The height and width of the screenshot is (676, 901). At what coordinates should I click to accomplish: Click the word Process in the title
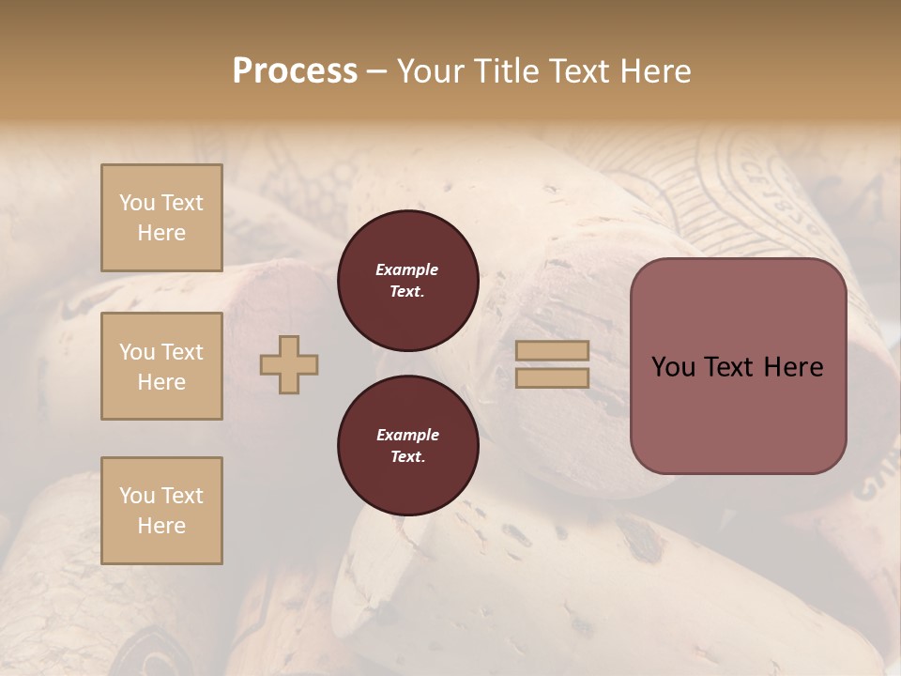pyautogui.click(x=295, y=71)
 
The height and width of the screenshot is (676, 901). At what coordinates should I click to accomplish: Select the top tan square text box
pyautogui.click(x=161, y=218)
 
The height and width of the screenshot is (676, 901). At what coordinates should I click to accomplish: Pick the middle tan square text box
pyautogui.click(x=161, y=366)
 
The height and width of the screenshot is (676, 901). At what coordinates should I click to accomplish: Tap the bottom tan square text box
pyautogui.click(x=161, y=511)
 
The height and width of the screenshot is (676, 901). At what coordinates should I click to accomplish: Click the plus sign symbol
pyautogui.click(x=289, y=363)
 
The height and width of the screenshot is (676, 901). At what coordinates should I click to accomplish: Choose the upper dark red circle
pyautogui.click(x=407, y=281)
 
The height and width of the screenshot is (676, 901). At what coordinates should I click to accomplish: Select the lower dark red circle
pyautogui.click(x=407, y=446)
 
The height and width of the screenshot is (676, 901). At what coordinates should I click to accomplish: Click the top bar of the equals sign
pyautogui.click(x=552, y=351)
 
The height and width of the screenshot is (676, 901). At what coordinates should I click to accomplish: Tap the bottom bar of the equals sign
pyautogui.click(x=552, y=377)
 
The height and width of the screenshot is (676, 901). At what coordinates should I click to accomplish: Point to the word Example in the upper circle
pyautogui.click(x=407, y=269)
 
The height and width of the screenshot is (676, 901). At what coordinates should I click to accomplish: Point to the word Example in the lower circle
pyautogui.click(x=407, y=435)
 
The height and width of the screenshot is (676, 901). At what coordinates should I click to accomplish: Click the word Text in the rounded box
pyautogui.click(x=732, y=367)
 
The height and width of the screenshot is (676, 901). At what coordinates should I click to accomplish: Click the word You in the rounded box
pyautogui.click(x=673, y=367)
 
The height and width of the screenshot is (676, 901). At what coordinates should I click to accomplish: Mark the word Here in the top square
pyautogui.click(x=161, y=233)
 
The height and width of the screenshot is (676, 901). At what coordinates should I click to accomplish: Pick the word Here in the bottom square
pyautogui.click(x=161, y=526)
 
